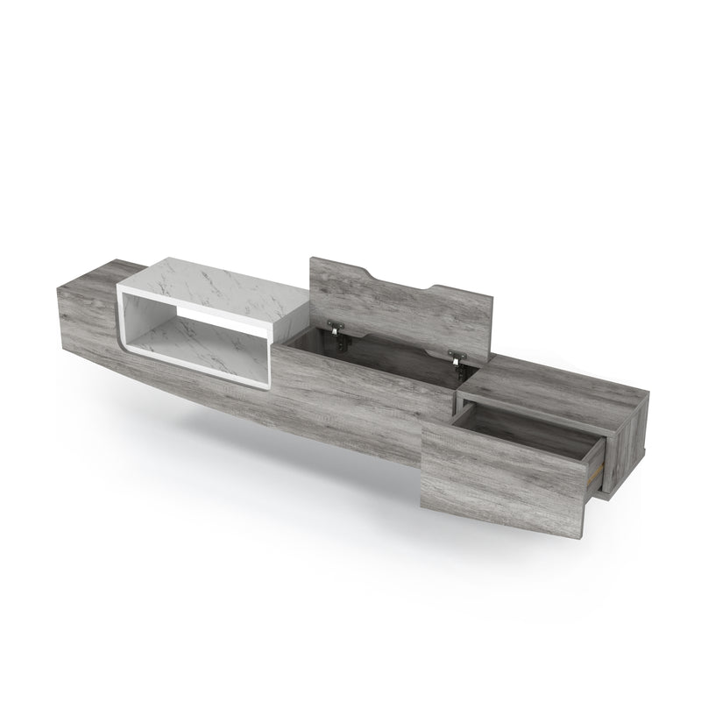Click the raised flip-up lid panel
click(394, 307)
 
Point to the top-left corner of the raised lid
click(313, 258)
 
